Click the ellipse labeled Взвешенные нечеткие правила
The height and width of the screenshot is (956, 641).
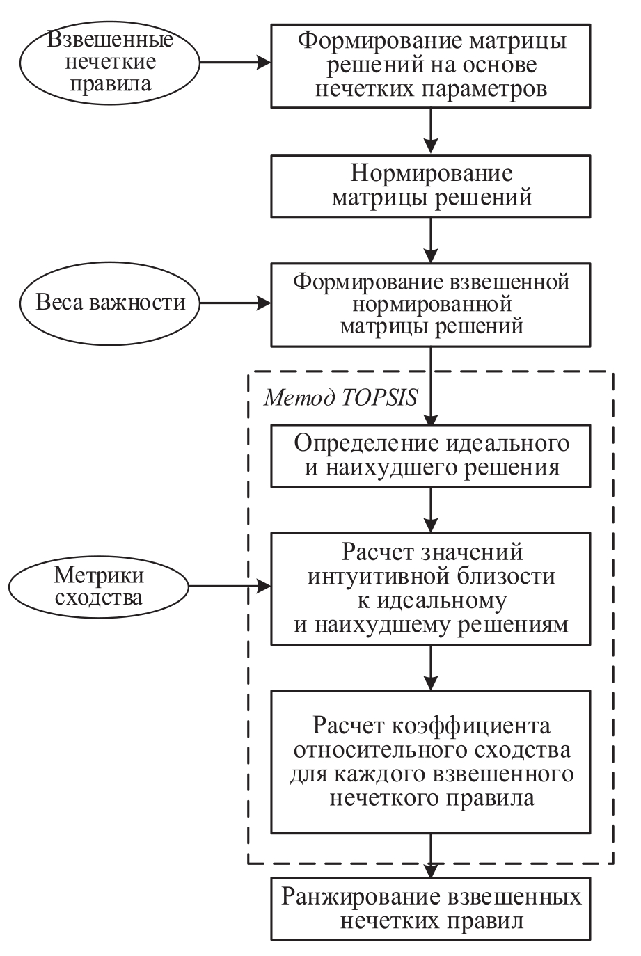coord(108,62)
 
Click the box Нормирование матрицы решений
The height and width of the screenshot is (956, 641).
coord(432,184)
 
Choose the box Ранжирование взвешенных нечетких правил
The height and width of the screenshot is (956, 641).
coord(432,908)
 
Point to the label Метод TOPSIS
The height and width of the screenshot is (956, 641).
coord(340,398)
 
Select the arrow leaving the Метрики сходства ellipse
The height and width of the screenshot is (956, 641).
coord(230,587)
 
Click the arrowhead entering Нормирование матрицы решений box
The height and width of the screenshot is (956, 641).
coord(432,147)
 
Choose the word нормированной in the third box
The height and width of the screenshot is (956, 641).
coord(432,303)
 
